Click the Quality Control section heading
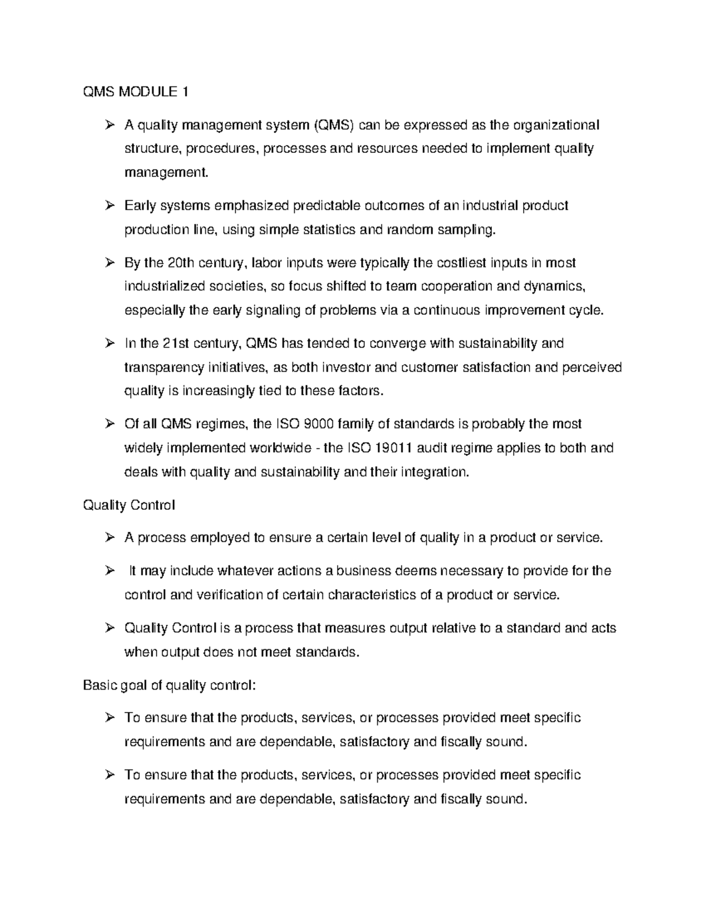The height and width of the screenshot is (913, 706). point(129,505)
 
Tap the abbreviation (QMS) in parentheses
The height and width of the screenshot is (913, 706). point(334,125)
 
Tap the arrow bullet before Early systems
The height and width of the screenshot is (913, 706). point(109,206)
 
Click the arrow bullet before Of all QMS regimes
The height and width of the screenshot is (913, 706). point(109,424)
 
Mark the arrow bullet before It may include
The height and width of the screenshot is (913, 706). point(109,571)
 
